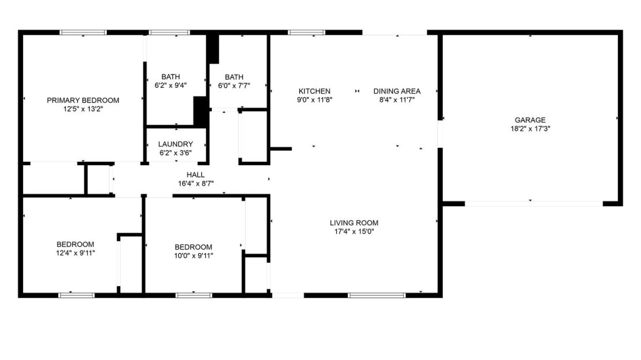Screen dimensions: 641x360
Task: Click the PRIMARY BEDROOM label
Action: (83, 100)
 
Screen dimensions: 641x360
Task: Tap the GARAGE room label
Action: (530, 120)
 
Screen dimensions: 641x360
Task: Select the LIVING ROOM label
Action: (354, 223)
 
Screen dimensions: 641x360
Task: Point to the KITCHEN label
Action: (314, 91)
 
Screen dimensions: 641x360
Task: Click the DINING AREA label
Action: (397, 91)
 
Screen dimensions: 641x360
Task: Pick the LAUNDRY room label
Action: (176, 144)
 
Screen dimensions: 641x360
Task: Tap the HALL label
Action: (195, 175)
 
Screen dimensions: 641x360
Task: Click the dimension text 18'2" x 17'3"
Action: (530, 128)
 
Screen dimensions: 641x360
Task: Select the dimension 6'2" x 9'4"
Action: (170, 86)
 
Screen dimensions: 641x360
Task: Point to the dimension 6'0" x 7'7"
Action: (234, 86)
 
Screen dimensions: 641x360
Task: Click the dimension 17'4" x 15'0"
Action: (354, 232)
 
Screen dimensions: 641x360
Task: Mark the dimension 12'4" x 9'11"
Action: (76, 253)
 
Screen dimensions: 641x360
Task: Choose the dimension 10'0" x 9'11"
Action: (193, 255)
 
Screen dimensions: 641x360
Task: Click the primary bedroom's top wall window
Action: (83, 32)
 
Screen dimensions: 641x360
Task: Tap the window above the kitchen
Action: (307, 32)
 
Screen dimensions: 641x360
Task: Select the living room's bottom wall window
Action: (377, 295)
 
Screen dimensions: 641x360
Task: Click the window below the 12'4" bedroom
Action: (76, 295)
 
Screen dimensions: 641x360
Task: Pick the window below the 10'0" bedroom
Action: (194, 295)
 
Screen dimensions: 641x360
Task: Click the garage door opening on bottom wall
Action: (534, 203)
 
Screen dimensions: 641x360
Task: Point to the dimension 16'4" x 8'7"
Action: (196, 184)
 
